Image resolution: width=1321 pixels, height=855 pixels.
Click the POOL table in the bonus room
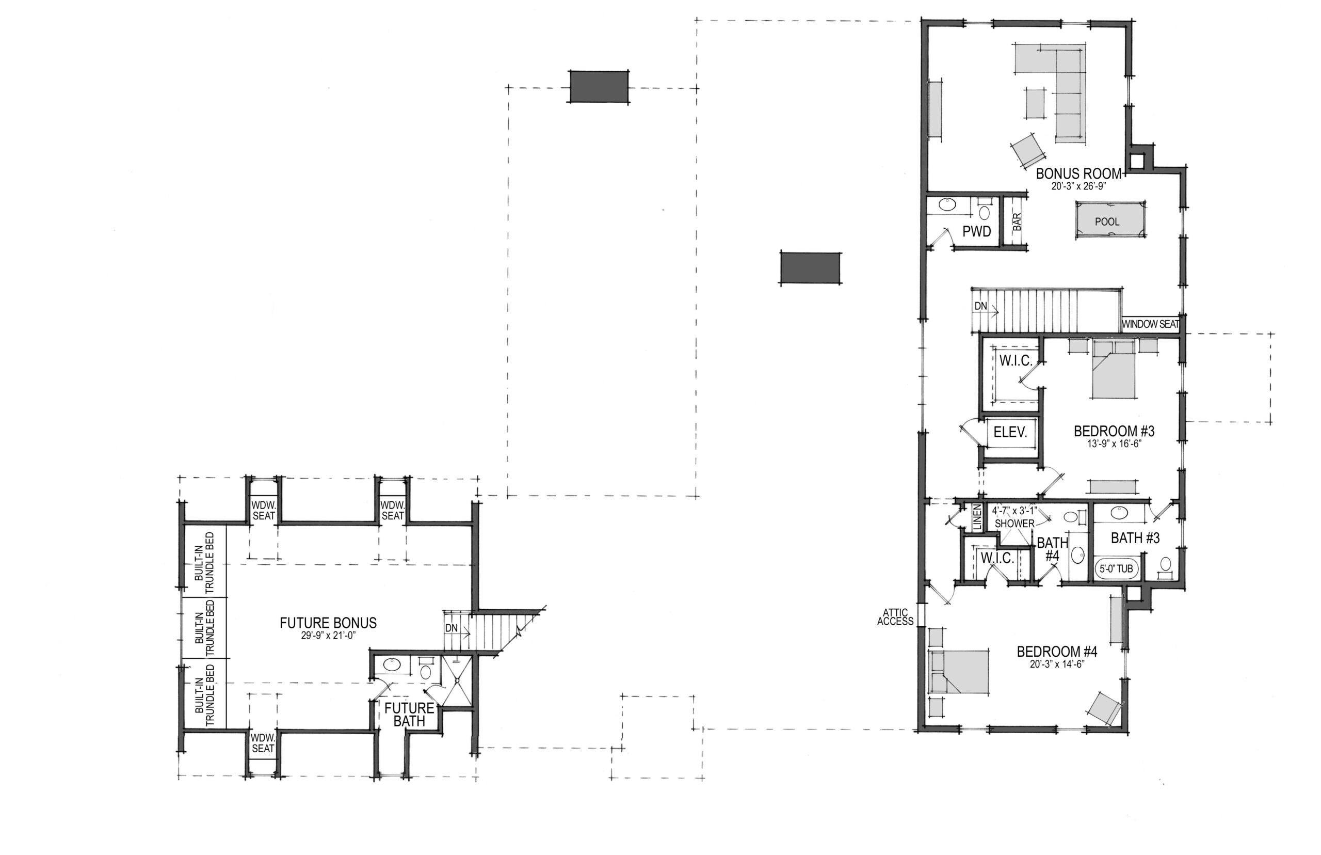point(1106,220)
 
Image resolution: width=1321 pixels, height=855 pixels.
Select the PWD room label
point(976,231)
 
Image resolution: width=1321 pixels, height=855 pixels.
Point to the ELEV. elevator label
point(1010,432)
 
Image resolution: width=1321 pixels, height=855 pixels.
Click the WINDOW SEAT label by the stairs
point(1150,324)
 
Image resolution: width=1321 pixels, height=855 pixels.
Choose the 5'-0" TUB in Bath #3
point(1116,568)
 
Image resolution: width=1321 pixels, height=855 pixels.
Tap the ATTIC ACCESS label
point(895,617)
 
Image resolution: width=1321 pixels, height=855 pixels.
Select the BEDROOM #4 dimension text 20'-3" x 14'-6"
point(1056,663)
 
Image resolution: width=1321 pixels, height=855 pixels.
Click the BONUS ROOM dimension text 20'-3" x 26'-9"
point(1078,186)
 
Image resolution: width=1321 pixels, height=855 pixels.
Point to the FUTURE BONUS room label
point(328,623)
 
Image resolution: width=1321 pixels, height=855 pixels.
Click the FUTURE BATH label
point(409,715)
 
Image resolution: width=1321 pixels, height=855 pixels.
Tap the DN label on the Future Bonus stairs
point(451,628)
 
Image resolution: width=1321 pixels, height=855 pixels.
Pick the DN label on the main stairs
point(981,306)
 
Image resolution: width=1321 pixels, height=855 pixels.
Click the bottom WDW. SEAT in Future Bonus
point(263,743)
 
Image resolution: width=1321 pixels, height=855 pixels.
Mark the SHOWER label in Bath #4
point(1014,524)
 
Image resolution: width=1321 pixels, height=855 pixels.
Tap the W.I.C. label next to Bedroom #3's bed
point(1016,361)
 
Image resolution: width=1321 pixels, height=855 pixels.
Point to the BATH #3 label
point(1135,538)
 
